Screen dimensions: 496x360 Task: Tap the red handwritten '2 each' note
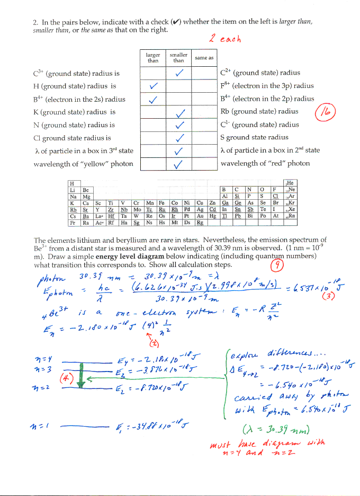(225, 39)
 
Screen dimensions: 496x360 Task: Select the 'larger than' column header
(153, 57)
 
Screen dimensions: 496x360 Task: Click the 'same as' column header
(204, 58)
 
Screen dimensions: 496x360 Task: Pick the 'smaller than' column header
(178, 57)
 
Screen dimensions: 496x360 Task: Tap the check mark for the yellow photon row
(179, 164)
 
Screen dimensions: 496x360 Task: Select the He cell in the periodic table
(290, 183)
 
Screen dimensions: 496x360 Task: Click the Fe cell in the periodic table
(161, 202)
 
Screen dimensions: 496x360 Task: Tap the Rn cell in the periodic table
(290, 216)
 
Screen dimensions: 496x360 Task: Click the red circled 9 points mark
(275, 264)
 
